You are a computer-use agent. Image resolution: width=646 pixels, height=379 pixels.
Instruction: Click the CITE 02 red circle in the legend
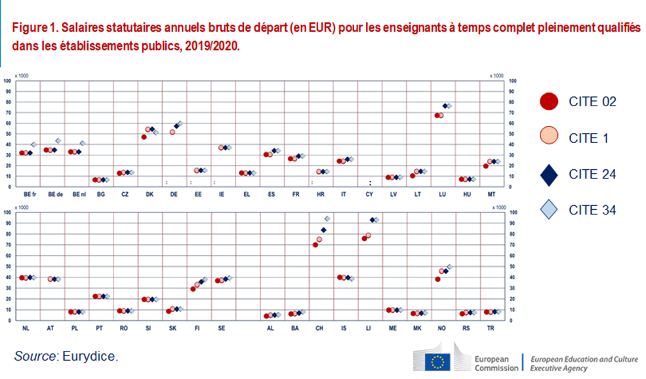549,101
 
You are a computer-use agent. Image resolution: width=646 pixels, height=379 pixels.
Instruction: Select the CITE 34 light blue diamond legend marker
549,210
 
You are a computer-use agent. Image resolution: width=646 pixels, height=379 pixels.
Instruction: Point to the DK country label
150,194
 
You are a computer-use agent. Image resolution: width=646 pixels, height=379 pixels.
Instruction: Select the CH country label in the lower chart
319,327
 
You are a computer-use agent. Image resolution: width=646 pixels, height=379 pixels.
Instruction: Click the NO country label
441,327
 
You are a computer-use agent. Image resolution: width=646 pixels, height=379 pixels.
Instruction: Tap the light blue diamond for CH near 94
327,218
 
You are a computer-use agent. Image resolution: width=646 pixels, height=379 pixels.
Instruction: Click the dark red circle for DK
144,137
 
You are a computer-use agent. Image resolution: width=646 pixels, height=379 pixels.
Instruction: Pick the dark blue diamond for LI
373,220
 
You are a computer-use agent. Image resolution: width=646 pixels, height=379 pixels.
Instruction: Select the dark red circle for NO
437,279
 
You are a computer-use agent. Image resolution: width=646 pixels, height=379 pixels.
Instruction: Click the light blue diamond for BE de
58,141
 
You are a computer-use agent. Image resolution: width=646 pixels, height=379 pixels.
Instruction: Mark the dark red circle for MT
485,166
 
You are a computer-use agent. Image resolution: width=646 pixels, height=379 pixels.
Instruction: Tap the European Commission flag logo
435,361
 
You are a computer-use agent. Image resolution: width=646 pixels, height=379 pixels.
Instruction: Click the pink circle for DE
172,132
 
